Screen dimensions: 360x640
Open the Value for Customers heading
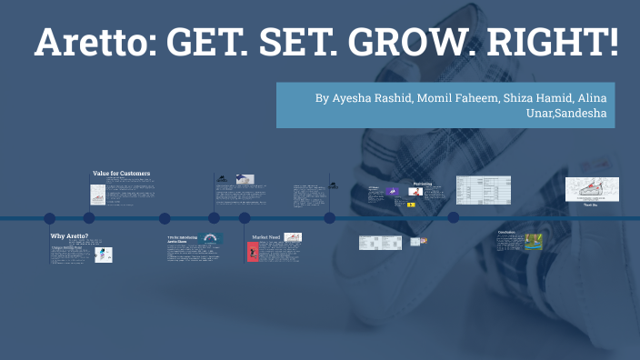[x=121, y=173]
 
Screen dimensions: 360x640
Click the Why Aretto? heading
[x=69, y=235]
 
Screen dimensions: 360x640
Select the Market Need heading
[x=266, y=236]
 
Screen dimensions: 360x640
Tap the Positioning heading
[x=422, y=183]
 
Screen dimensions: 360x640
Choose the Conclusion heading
[x=506, y=232]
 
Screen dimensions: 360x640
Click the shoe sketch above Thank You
[x=592, y=188]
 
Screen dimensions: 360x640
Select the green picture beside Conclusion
[x=532, y=242]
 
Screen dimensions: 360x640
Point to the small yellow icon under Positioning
[x=411, y=205]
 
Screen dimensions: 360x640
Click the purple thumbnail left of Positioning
[x=394, y=192]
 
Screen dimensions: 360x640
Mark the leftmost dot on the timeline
[x=50, y=218]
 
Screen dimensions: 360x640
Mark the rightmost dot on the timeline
[x=454, y=218]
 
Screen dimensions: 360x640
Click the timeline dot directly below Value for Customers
[x=89, y=218]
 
